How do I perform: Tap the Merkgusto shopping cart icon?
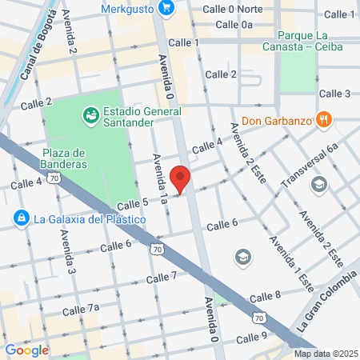(166, 8)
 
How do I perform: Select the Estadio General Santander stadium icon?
(91, 117)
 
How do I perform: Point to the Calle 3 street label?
(335, 94)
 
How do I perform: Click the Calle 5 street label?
(132, 204)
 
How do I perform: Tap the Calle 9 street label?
(251, 335)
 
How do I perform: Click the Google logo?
(26, 350)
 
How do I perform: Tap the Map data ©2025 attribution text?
(325, 354)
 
